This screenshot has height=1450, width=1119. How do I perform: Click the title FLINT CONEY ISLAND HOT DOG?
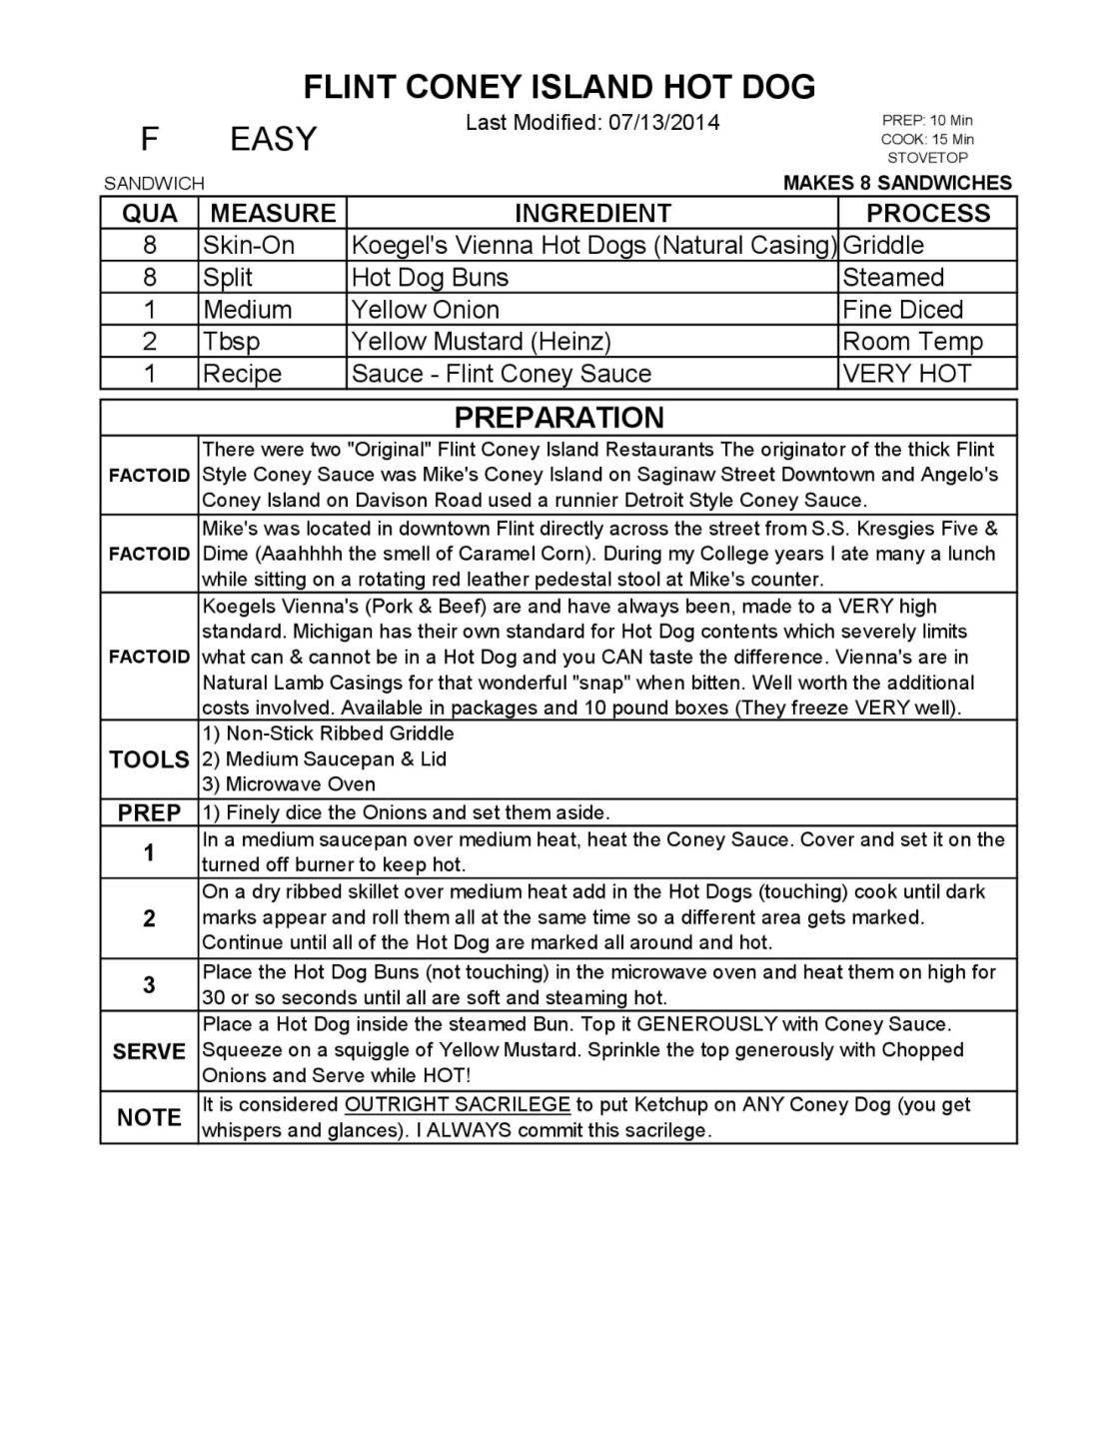point(559,87)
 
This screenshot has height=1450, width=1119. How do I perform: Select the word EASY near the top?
point(273,139)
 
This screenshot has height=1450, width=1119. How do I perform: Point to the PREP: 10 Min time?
point(927,121)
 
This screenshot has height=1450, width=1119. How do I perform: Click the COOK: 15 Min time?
point(927,140)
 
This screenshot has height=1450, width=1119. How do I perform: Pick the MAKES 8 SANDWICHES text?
point(897,183)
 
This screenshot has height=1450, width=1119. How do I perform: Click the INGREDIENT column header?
point(592,214)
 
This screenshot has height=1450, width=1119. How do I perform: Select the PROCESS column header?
point(927,214)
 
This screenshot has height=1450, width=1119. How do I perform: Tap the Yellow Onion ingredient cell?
point(425,310)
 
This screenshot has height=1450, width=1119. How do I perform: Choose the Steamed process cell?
point(892,278)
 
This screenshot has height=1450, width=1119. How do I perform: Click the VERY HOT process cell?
point(906,374)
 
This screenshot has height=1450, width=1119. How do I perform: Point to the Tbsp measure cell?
point(231,342)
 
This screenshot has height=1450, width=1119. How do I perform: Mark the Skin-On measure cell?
point(249,246)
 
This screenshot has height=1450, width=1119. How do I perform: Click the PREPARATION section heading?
point(559,418)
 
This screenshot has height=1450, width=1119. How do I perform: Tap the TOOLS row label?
point(149,759)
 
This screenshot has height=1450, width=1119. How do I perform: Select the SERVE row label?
point(149,1051)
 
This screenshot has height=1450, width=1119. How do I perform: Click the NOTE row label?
point(149,1117)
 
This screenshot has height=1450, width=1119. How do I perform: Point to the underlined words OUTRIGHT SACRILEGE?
point(457,1105)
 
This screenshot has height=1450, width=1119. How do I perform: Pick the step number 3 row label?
point(149,985)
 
